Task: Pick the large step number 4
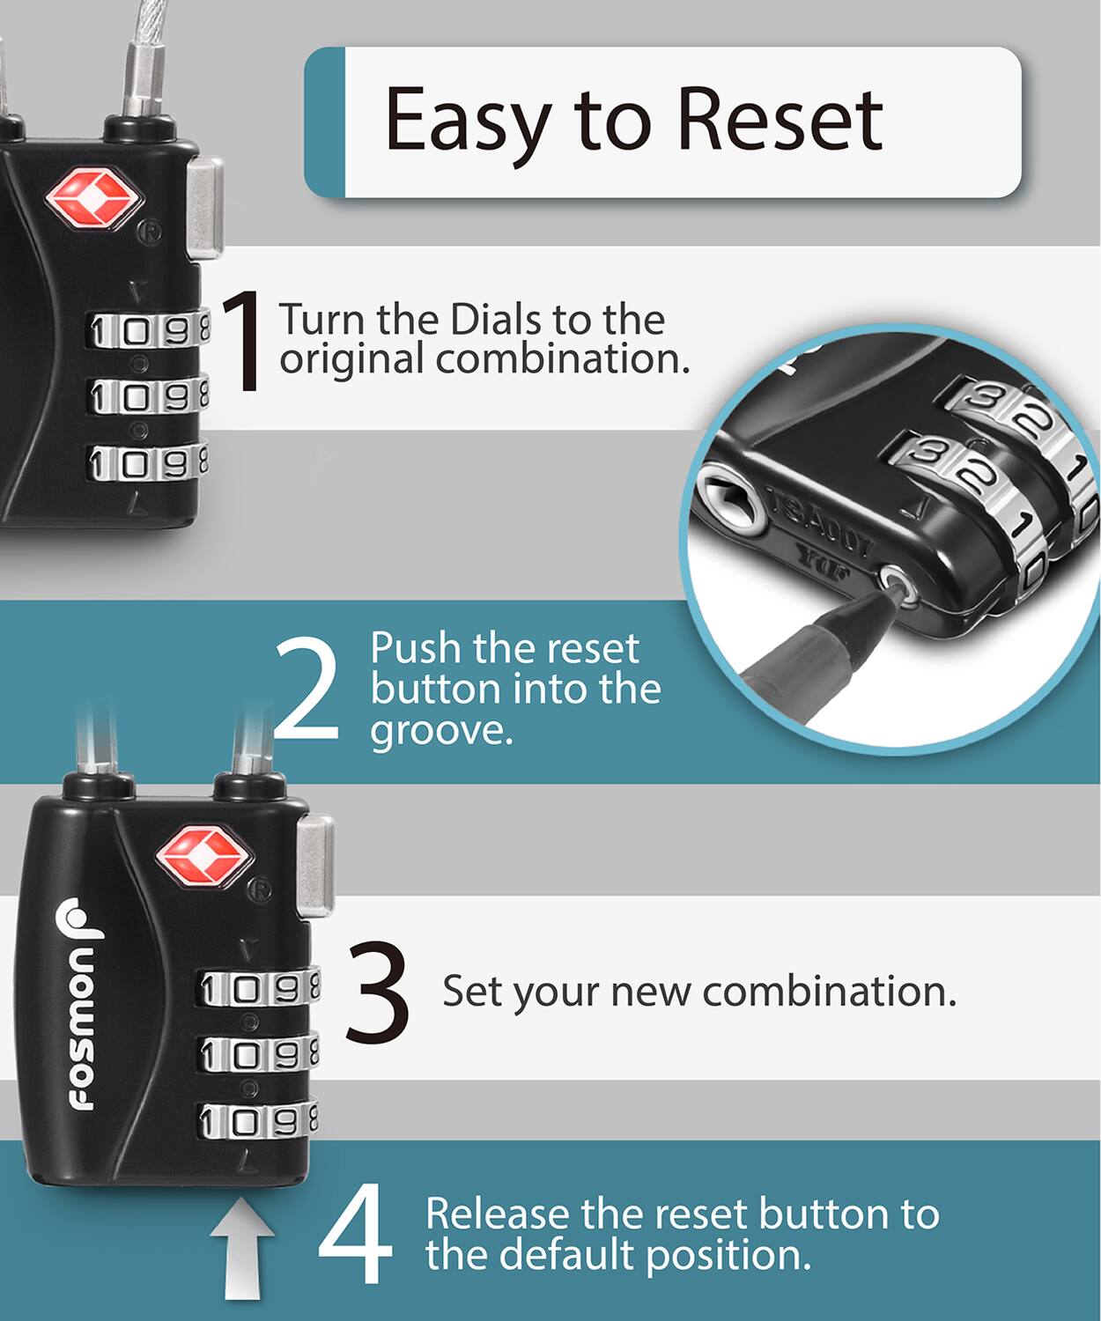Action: (x=355, y=1234)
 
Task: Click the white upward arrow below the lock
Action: (x=241, y=1255)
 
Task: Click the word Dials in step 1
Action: (x=497, y=319)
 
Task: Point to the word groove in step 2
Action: (x=441, y=730)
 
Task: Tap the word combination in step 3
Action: (x=829, y=992)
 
